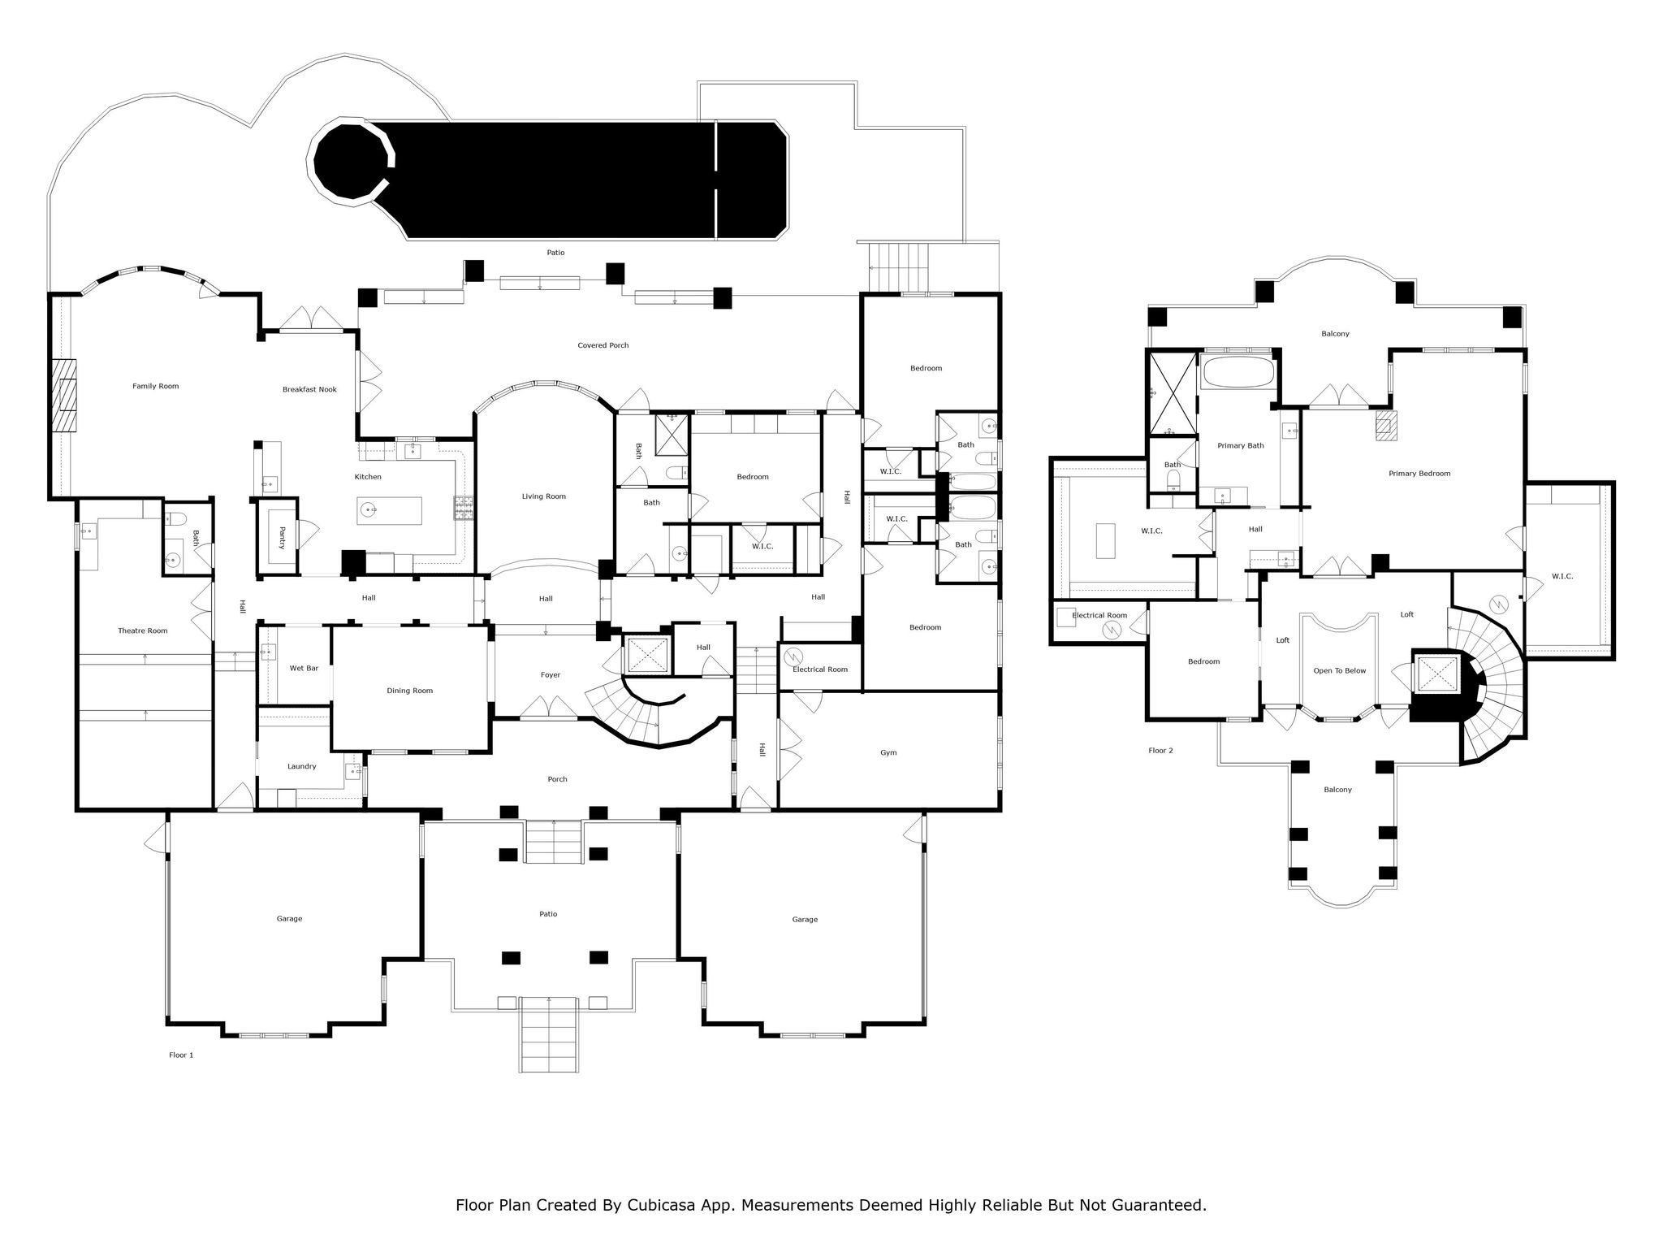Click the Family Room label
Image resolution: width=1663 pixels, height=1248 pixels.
point(155,386)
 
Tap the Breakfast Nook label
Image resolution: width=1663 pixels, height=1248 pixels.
point(309,389)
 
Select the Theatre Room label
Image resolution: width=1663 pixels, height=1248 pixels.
point(143,630)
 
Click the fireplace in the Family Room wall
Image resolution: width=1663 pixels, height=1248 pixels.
point(63,396)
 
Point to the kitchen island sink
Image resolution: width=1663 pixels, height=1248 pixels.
point(369,510)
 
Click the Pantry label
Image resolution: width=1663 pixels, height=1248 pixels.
point(282,538)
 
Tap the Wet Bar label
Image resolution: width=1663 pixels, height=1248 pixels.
point(304,668)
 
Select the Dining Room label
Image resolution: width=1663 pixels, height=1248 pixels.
point(410,691)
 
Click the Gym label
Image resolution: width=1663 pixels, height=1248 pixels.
point(888,752)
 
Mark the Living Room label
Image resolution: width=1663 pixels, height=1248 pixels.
point(543,496)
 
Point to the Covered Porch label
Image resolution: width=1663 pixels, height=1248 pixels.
point(603,345)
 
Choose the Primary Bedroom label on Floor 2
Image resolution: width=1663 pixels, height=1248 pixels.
point(1419,473)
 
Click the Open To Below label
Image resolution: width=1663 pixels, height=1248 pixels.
point(1340,671)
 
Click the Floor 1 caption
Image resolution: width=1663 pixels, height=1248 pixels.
point(181,1055)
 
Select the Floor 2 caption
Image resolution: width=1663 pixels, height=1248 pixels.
point(1160,751)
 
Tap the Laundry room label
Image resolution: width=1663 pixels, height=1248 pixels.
point(301,766)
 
